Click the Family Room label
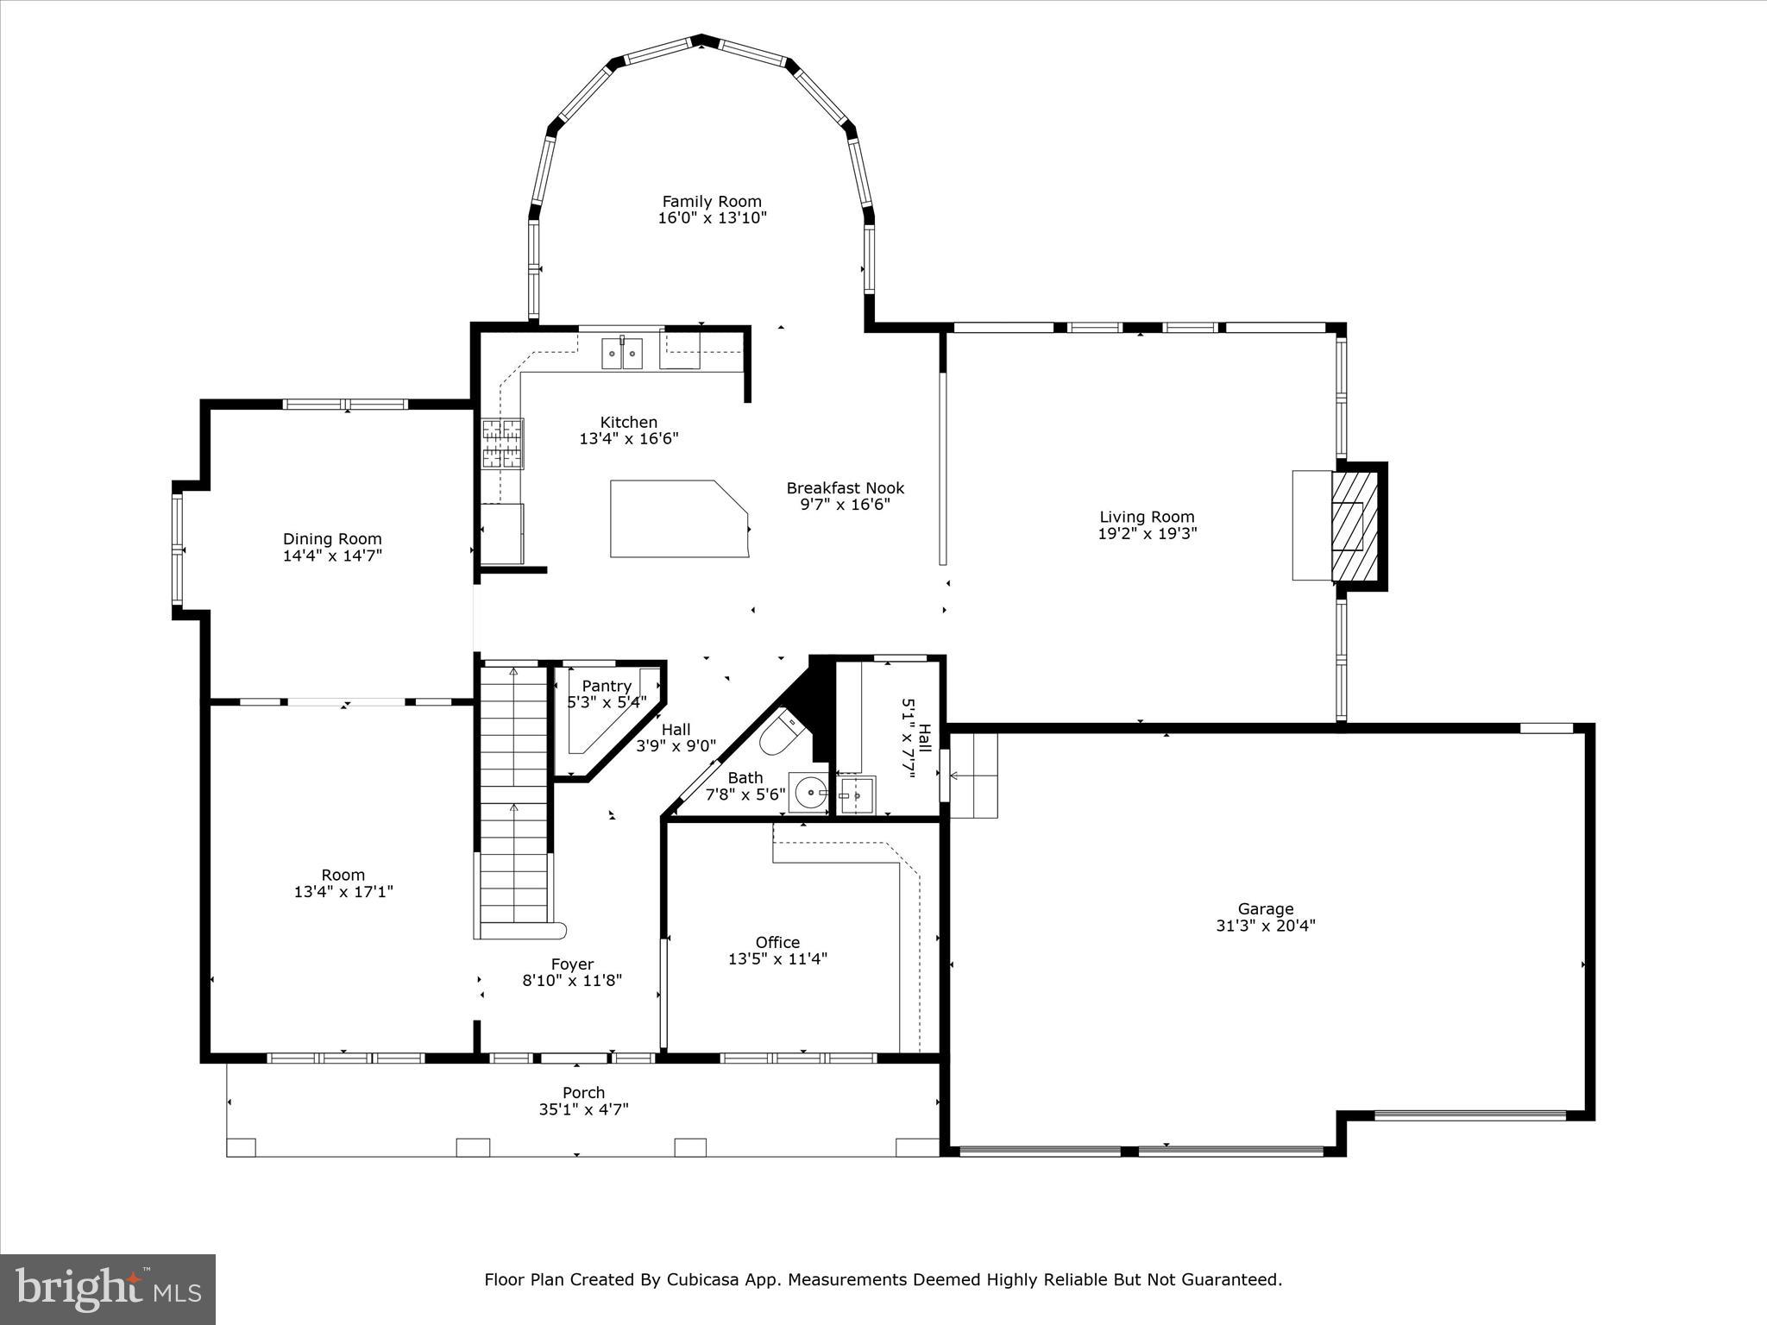(712, 202)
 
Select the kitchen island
(677, 519)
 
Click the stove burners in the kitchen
(502, 443)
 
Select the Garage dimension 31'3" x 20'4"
(1265, 926)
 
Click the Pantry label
(607, 686)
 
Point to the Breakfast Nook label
(845, 488)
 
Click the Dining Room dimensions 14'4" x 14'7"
(332, 556)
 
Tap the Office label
(777, 942)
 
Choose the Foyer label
(572, 964)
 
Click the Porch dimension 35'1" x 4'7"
(583, 1109)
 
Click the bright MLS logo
(108, 1289)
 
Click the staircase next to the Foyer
(514, 802)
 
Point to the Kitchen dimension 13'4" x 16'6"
(628, 438)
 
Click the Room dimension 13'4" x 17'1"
(343, 891)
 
